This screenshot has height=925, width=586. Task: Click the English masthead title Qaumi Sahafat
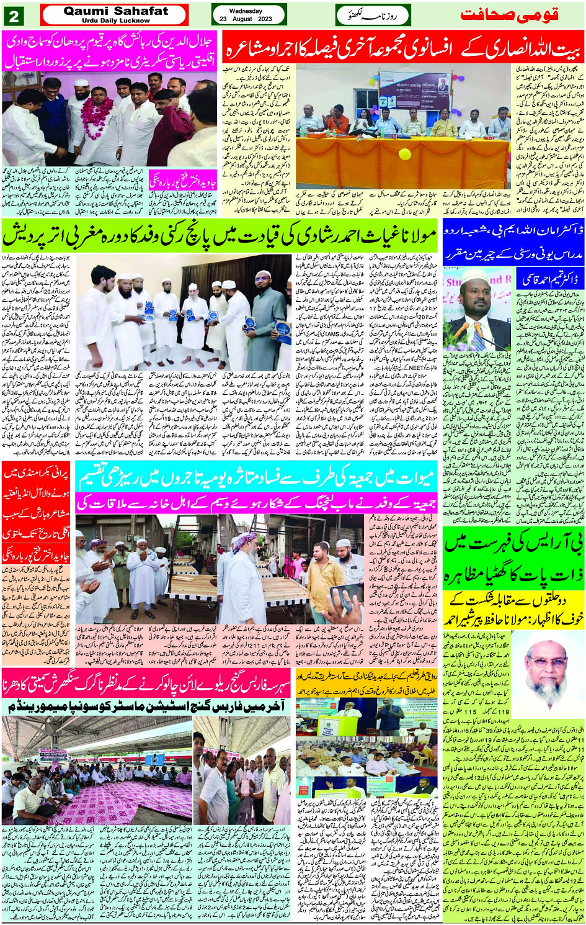[115, 11]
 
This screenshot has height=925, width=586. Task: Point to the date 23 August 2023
[246, 19]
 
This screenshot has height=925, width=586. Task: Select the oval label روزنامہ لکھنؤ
[366, 15]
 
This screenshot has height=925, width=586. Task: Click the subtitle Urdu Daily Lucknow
[115, 20]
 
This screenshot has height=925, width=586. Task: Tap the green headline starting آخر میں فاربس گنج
[147, 706]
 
